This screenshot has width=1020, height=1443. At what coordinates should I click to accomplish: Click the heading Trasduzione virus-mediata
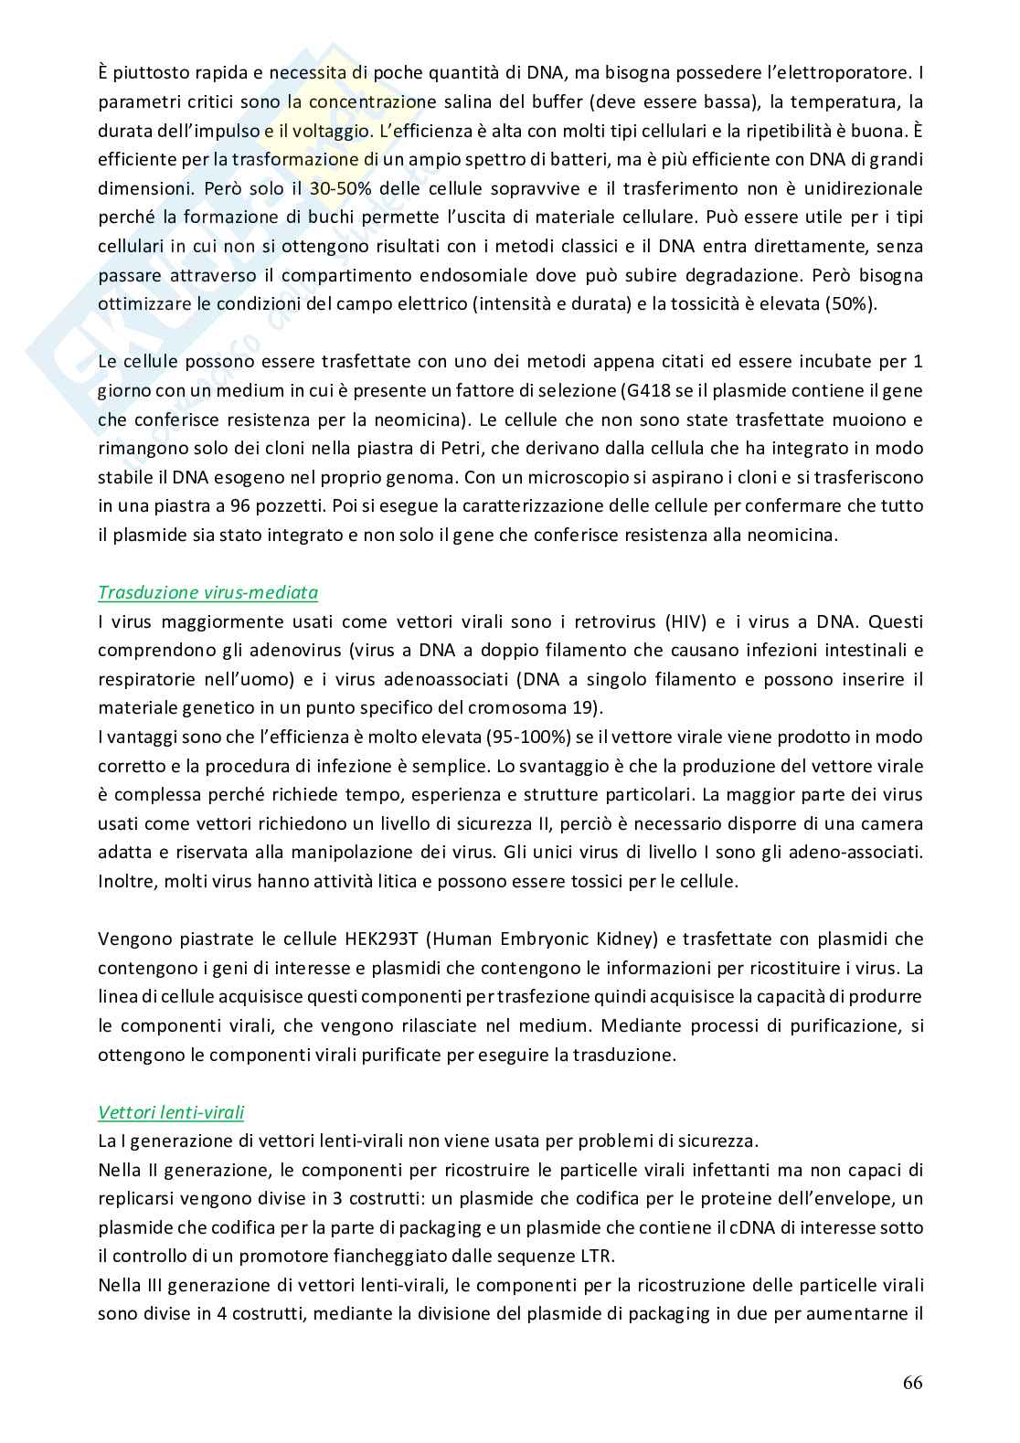(207, 592)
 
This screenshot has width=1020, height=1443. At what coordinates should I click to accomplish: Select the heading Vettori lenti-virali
(171, 1112)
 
